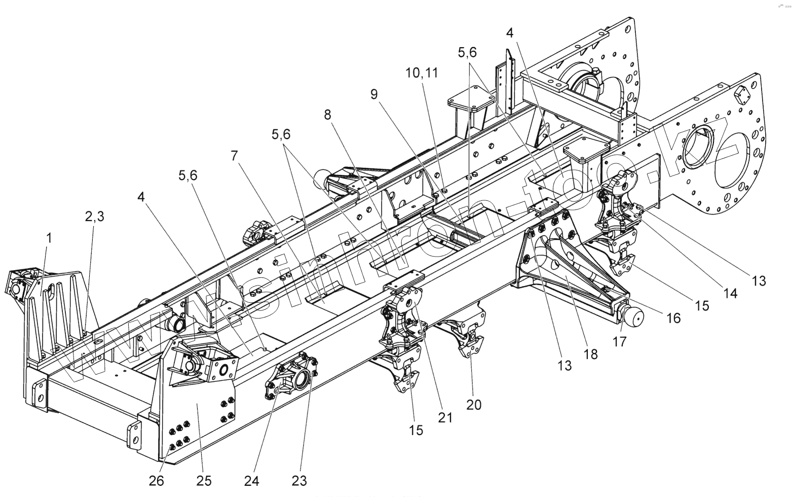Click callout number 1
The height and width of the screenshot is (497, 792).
coord(49,238)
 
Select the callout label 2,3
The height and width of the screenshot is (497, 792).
coord(95,217)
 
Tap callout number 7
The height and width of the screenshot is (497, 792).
coord(234,156)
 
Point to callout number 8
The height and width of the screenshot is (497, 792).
coord(328,115)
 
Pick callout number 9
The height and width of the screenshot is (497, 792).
coord(374,94)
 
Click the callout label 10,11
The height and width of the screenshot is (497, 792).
coord(421,73)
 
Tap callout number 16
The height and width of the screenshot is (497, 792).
coord(673,318)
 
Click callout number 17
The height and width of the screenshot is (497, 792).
coord(620,341)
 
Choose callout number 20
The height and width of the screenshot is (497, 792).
coord(474,404)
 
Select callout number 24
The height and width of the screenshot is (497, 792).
coord(252,480)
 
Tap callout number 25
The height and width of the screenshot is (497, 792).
coord(204,480)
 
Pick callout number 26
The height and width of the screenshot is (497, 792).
coord(157,480)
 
